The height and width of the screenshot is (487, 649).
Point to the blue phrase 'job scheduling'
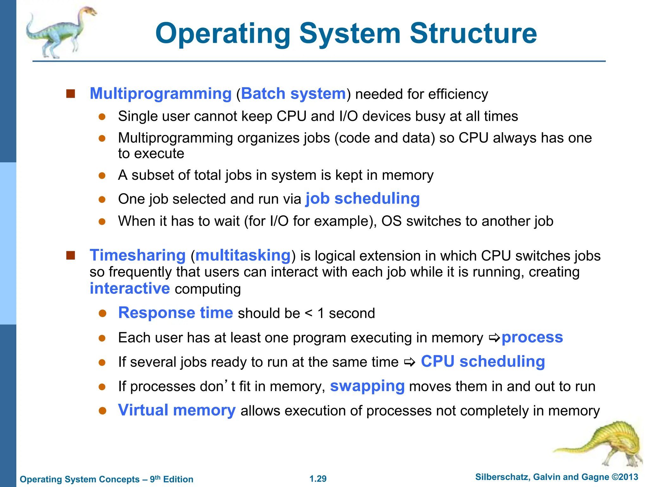[x=363, y=199]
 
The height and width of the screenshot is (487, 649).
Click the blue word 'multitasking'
[x=243, y=256]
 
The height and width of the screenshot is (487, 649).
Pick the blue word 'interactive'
[x=130, y=289]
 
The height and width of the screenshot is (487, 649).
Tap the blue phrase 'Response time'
[x=176, y=313]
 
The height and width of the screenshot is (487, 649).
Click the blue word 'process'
[x=532, y=337]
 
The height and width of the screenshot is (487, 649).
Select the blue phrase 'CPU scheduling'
[x=483, y=361]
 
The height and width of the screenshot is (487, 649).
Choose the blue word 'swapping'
[x=367, y=386]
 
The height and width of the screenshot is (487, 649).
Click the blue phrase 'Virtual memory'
[x=177, y=410]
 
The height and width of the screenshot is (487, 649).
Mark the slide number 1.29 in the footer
[x=318, y=479]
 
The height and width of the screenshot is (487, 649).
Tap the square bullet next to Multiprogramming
[x=70, y=94]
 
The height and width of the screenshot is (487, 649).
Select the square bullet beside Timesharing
[x=70, y=255]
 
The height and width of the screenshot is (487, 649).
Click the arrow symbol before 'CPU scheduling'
[x=410, y=362]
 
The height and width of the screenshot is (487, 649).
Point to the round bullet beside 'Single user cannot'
[x=102, y=117]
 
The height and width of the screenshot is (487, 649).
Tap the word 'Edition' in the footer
[x=178, y=479]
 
